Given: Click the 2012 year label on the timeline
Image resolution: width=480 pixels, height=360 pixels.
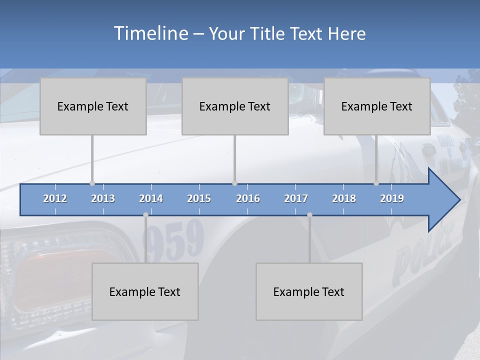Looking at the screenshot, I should click(55, 198).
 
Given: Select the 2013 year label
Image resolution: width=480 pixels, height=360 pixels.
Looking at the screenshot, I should click(103, 198).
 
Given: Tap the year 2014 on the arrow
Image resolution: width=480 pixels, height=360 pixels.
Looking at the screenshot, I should click(151, 198).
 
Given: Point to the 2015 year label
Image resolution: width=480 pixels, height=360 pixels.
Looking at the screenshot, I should click(199, 198).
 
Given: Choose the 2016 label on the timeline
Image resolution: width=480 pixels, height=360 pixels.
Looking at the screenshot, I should click(248, 198).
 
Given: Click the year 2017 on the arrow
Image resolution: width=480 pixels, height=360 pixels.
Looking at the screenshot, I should click(296, 198).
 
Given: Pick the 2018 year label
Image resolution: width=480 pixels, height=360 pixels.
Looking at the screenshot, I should click(344, 198).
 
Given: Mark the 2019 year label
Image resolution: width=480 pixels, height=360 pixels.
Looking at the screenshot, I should click(392, 198).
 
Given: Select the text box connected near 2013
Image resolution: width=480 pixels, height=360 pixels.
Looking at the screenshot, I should click(93, 106).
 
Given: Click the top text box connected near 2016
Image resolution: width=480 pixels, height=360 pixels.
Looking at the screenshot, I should click(235, 106).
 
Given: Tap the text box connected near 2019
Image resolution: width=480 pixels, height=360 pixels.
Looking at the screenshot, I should click(377, 106).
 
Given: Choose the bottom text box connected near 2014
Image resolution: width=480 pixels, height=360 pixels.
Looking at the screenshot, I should click(145, 291).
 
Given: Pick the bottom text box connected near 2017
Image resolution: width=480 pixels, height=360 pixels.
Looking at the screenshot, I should click(309, 291).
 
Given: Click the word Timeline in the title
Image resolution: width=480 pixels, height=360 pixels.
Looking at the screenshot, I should click(150, 33).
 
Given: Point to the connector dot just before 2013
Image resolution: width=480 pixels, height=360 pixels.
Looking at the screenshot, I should click(92, 183).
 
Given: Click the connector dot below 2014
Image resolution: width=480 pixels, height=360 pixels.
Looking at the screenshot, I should click(145, 215).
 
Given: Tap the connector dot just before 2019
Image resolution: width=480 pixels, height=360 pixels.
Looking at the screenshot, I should click(376, 183).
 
